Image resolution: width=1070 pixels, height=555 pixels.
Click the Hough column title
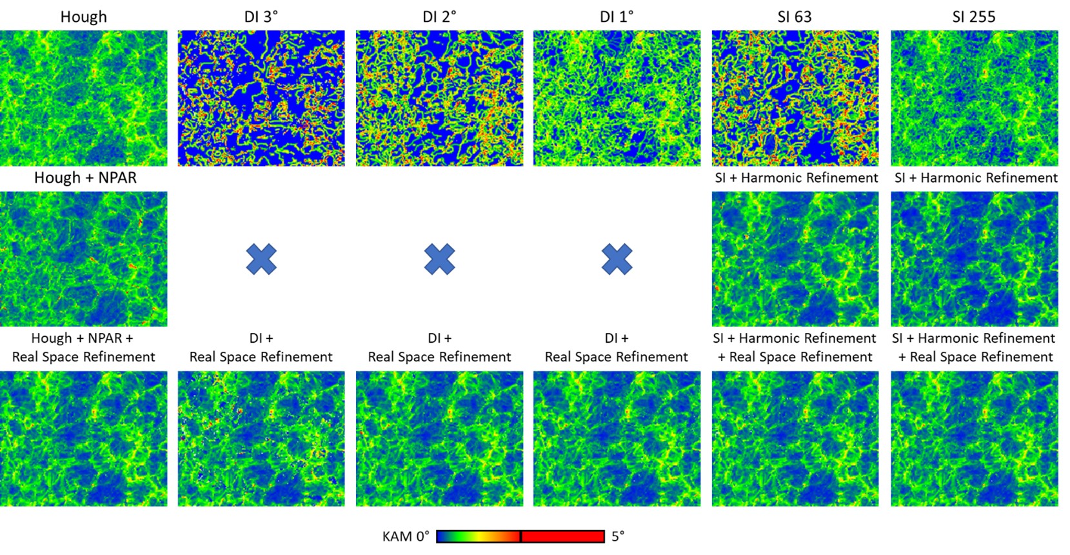coord(83,17)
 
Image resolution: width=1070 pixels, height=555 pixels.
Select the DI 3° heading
coord(261,17)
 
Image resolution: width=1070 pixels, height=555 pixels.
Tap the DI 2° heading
coord(439,17)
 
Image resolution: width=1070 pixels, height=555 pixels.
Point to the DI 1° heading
coord(617,17)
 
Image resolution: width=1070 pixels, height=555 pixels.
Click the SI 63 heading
coord(795,17)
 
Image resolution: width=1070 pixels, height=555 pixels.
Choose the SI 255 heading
coord(974,17)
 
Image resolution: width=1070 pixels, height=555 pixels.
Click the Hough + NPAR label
coord(85,177)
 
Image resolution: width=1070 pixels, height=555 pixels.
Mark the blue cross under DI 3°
coord(261,259)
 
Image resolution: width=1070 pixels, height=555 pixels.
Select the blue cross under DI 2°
coord(439,259)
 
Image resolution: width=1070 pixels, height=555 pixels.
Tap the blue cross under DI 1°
coord(617,259)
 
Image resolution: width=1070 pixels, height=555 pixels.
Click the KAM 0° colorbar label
coord(406,536)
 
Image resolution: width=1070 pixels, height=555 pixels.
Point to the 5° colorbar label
coord(618,536)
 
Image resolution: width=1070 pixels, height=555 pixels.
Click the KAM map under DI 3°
coord(261,98)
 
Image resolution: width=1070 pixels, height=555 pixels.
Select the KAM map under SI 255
coord(974,98)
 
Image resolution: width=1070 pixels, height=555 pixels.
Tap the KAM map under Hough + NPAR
coord(83,259)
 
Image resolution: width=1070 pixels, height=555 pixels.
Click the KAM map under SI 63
coord(795,98)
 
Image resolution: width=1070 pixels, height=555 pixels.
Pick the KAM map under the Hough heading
coord(83,98)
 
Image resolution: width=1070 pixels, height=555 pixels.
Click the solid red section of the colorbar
coord(562,536)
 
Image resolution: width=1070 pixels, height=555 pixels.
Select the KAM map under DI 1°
coord(617,98)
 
